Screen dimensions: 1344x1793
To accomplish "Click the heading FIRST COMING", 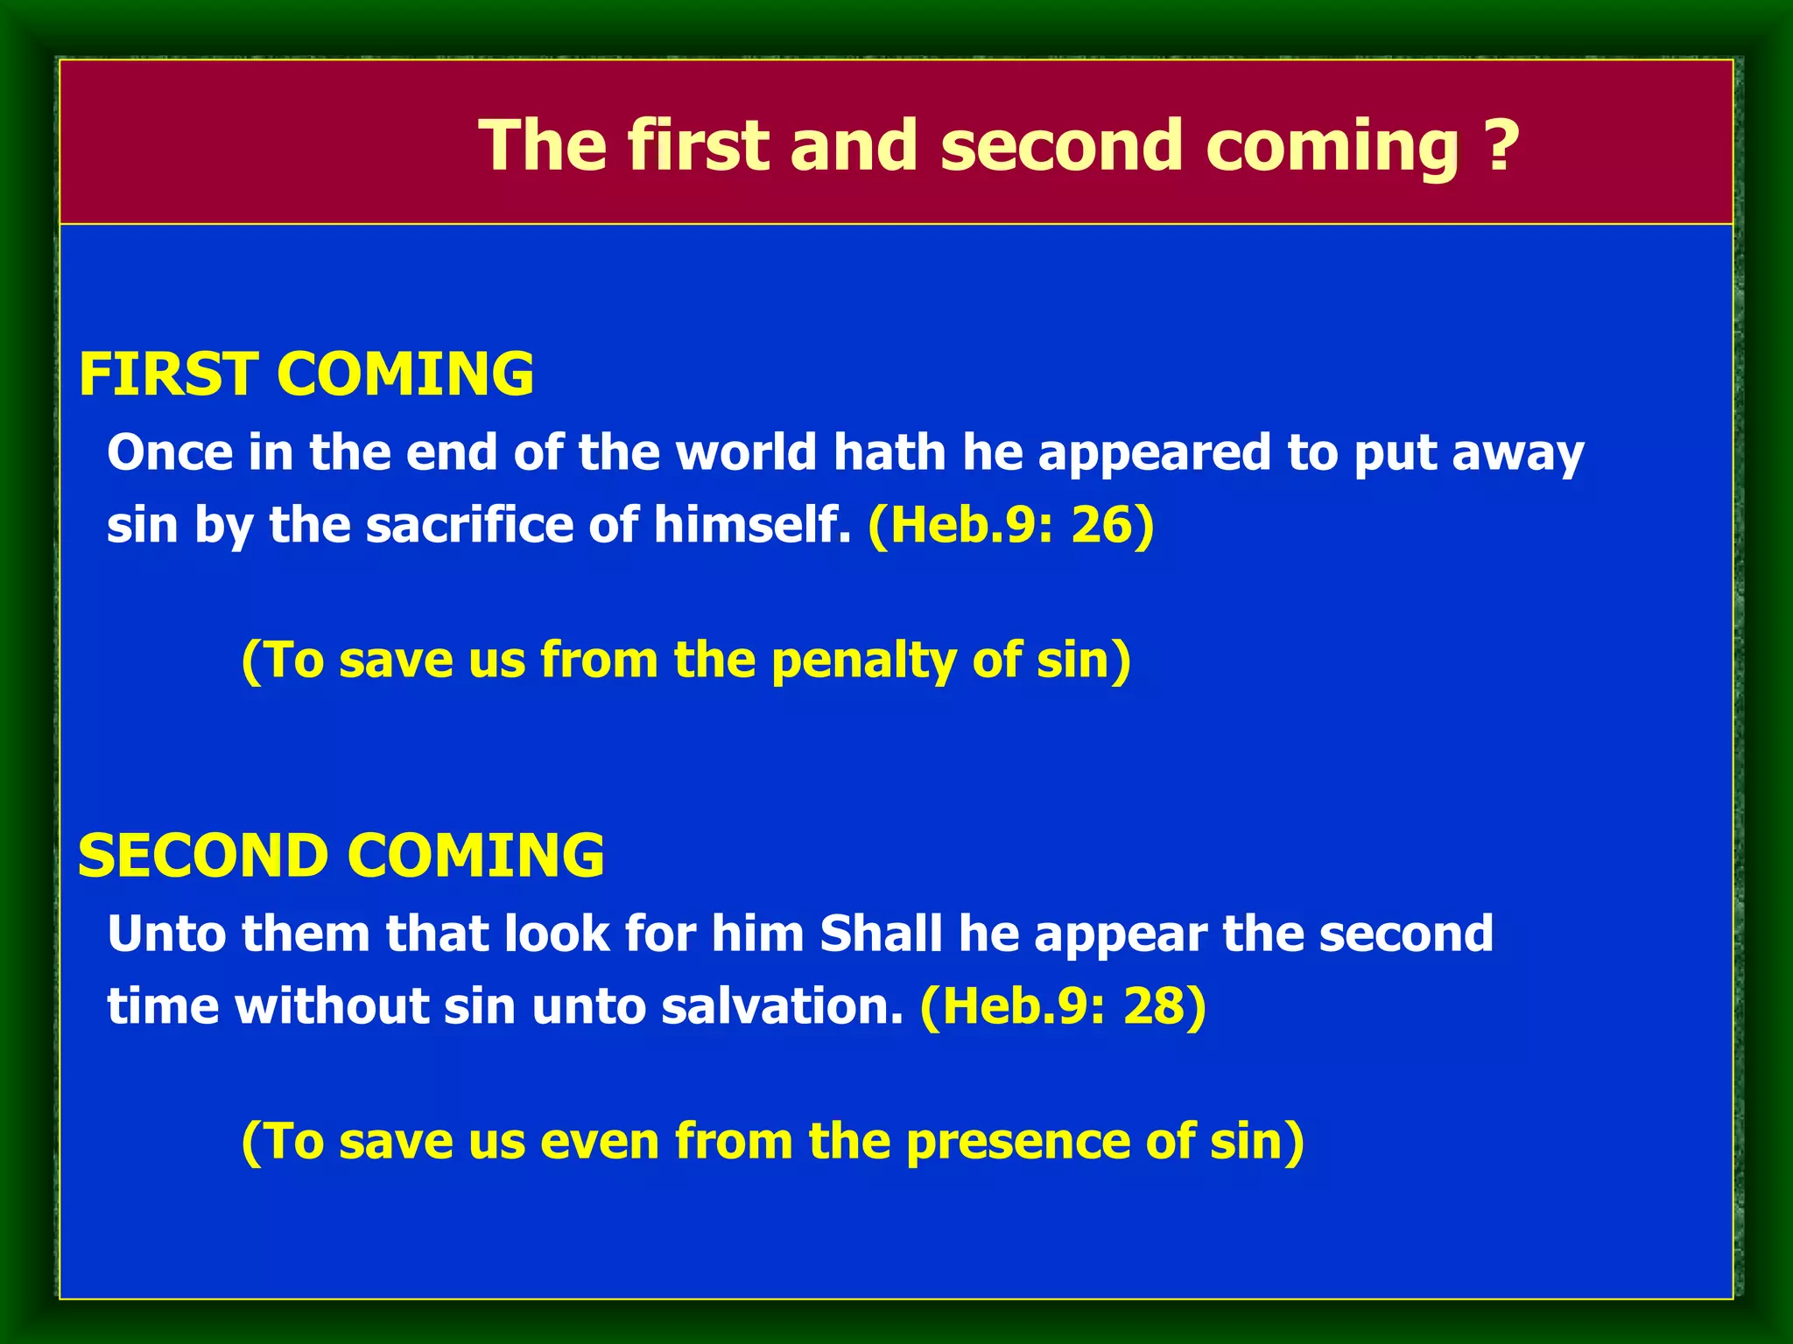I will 306,374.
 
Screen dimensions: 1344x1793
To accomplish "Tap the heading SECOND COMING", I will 341,855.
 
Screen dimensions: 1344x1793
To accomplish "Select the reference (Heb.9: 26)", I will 1011,525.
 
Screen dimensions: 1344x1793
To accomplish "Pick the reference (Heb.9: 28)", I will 1063,1006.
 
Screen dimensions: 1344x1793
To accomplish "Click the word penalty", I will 863,660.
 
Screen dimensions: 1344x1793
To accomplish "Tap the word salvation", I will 782,1006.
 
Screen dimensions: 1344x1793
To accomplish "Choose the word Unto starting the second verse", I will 166,934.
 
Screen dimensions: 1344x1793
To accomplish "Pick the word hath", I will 889,452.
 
